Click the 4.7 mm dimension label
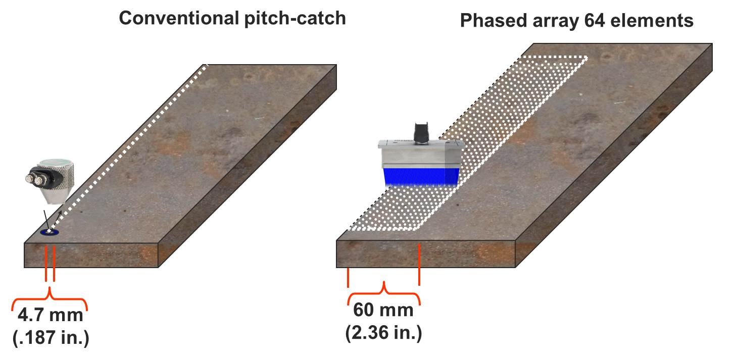50,316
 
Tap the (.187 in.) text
50,337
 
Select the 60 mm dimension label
383,310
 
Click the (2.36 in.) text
383,333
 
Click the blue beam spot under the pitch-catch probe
50,232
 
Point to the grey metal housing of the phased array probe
420,154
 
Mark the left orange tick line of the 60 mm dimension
348,278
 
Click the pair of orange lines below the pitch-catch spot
50,263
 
